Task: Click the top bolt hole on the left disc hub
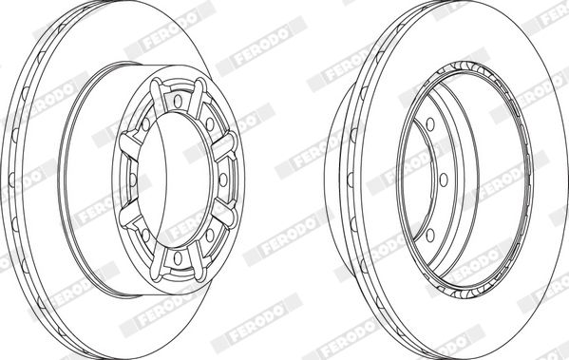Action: click(x=178, y=101)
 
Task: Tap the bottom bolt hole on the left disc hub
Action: click(x=178, y=258)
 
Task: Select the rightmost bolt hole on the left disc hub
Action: click(x=223, y=180)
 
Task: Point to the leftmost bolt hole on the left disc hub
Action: click(x=133, y=180)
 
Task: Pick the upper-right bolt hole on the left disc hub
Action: click(x=210, y=124)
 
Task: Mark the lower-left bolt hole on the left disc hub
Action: click(x=145, y=236)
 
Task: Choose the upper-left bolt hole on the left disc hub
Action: click(x=145, y=124)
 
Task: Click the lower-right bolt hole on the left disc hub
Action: click(x=210, y=236)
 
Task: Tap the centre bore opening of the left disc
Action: click(x=174, y=180)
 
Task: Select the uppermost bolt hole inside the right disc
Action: click(x=430, y=124)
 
